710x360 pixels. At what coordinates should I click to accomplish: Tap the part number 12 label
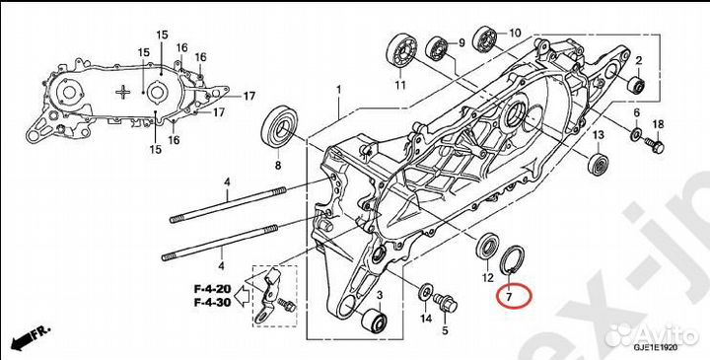click(x=487, y=279)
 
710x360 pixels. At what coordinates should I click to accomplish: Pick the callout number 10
click(x=515, y=33)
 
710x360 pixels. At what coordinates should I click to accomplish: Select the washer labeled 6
click(x=636, y=134)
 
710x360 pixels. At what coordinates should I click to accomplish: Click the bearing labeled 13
click(x=597, y=163)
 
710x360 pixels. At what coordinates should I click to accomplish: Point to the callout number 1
click(x=337, y=90)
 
